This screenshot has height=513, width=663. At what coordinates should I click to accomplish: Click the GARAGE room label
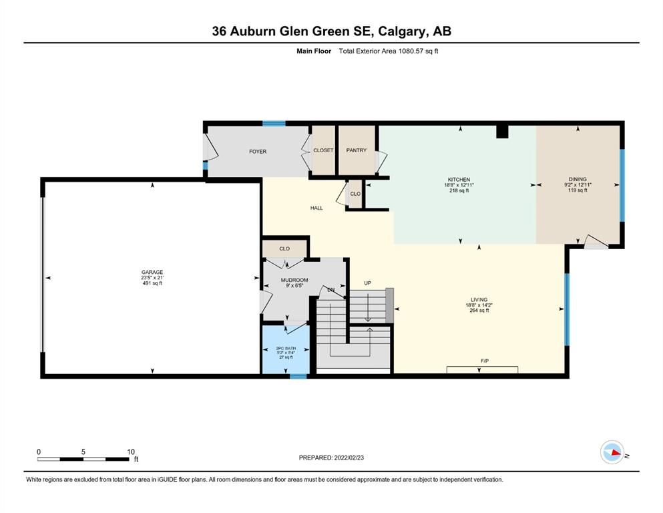pos(152,272)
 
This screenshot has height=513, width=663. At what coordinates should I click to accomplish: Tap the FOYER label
pos(258,152)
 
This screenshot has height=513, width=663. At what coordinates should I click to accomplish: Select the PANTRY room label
pos(356,150)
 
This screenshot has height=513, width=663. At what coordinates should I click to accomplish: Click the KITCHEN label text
pos(459,179)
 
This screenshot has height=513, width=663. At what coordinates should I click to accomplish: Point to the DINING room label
pos(578,179)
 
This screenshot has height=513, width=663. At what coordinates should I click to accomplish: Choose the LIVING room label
pos(479,299)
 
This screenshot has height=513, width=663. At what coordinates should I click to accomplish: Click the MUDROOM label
pos(294,280)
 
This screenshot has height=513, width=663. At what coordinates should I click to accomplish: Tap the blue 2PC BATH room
pos(286,350)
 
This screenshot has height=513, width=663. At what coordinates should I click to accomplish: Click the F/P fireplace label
pos(485,361)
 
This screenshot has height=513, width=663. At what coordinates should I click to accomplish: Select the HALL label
pos(316,208)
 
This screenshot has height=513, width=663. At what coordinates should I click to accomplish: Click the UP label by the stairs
pos(367,283)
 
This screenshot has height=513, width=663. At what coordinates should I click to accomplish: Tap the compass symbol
pos(612,452)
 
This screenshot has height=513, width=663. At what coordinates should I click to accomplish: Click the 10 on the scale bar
pos(131,452)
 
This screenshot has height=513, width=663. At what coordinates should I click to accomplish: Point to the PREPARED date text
pos(331,458)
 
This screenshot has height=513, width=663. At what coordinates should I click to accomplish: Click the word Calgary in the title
pos(402,31)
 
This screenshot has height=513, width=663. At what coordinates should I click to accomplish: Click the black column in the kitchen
pos(502,132)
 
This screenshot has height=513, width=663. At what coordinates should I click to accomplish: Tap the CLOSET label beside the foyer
pos(323,150)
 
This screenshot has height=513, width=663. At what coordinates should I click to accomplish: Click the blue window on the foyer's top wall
pos(274,124)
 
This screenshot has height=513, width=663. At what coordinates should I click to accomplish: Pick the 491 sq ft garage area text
pos(152,283)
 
